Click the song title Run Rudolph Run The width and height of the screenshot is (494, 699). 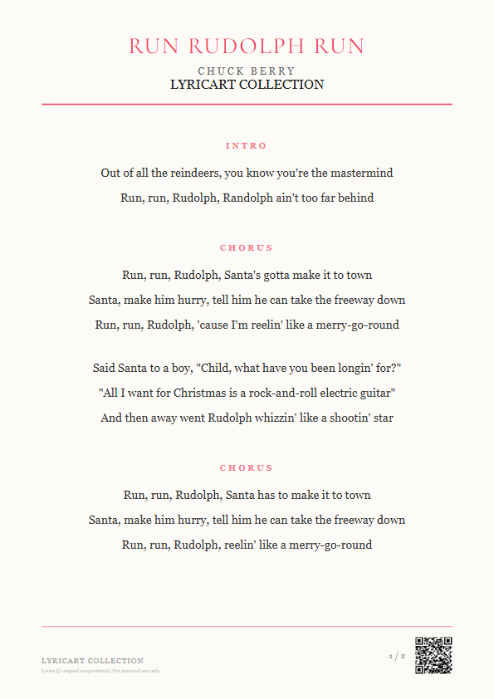[247, 46]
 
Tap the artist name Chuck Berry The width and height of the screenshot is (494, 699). [247, 71]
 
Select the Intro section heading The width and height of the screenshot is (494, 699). [247, 146]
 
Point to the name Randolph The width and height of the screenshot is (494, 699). [248, 198]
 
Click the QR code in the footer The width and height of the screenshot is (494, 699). [433, 655]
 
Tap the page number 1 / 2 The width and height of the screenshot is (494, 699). [397, 657]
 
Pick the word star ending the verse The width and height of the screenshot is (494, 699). [383, 418]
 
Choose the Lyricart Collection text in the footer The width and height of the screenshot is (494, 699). [92, 661]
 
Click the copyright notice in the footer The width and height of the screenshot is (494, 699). [101, 671]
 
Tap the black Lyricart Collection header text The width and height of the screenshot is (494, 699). [247, 85]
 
